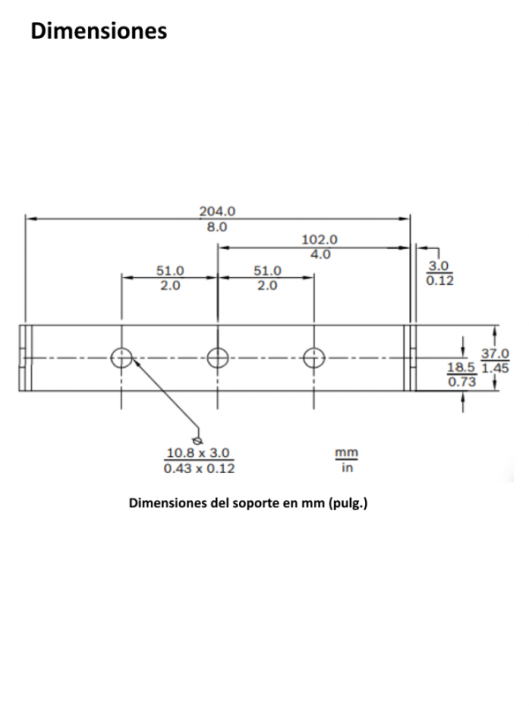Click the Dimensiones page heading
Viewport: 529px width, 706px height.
[99, 31]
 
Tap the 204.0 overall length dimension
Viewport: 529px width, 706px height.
[218, 211]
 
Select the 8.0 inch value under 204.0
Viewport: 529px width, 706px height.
[217, 228]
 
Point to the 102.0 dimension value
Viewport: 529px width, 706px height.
[319, 239]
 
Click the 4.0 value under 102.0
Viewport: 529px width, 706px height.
[320, 255]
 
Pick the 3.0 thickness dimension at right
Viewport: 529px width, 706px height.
[438, 267]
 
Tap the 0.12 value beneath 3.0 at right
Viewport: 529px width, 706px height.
[440, 281]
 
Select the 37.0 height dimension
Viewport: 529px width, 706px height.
[495, 354]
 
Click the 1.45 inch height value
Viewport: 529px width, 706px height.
[495, 368]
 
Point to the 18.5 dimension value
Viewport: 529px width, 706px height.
[461, 367]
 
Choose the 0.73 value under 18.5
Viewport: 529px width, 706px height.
[462, 382]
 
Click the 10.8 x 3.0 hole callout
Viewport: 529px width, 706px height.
[198, 453]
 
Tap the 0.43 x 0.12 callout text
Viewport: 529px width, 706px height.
[199, 469]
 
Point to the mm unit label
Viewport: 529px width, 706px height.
[346, 453]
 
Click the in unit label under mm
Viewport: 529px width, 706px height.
[347, 468]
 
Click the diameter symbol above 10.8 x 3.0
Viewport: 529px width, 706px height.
[197, 440]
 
